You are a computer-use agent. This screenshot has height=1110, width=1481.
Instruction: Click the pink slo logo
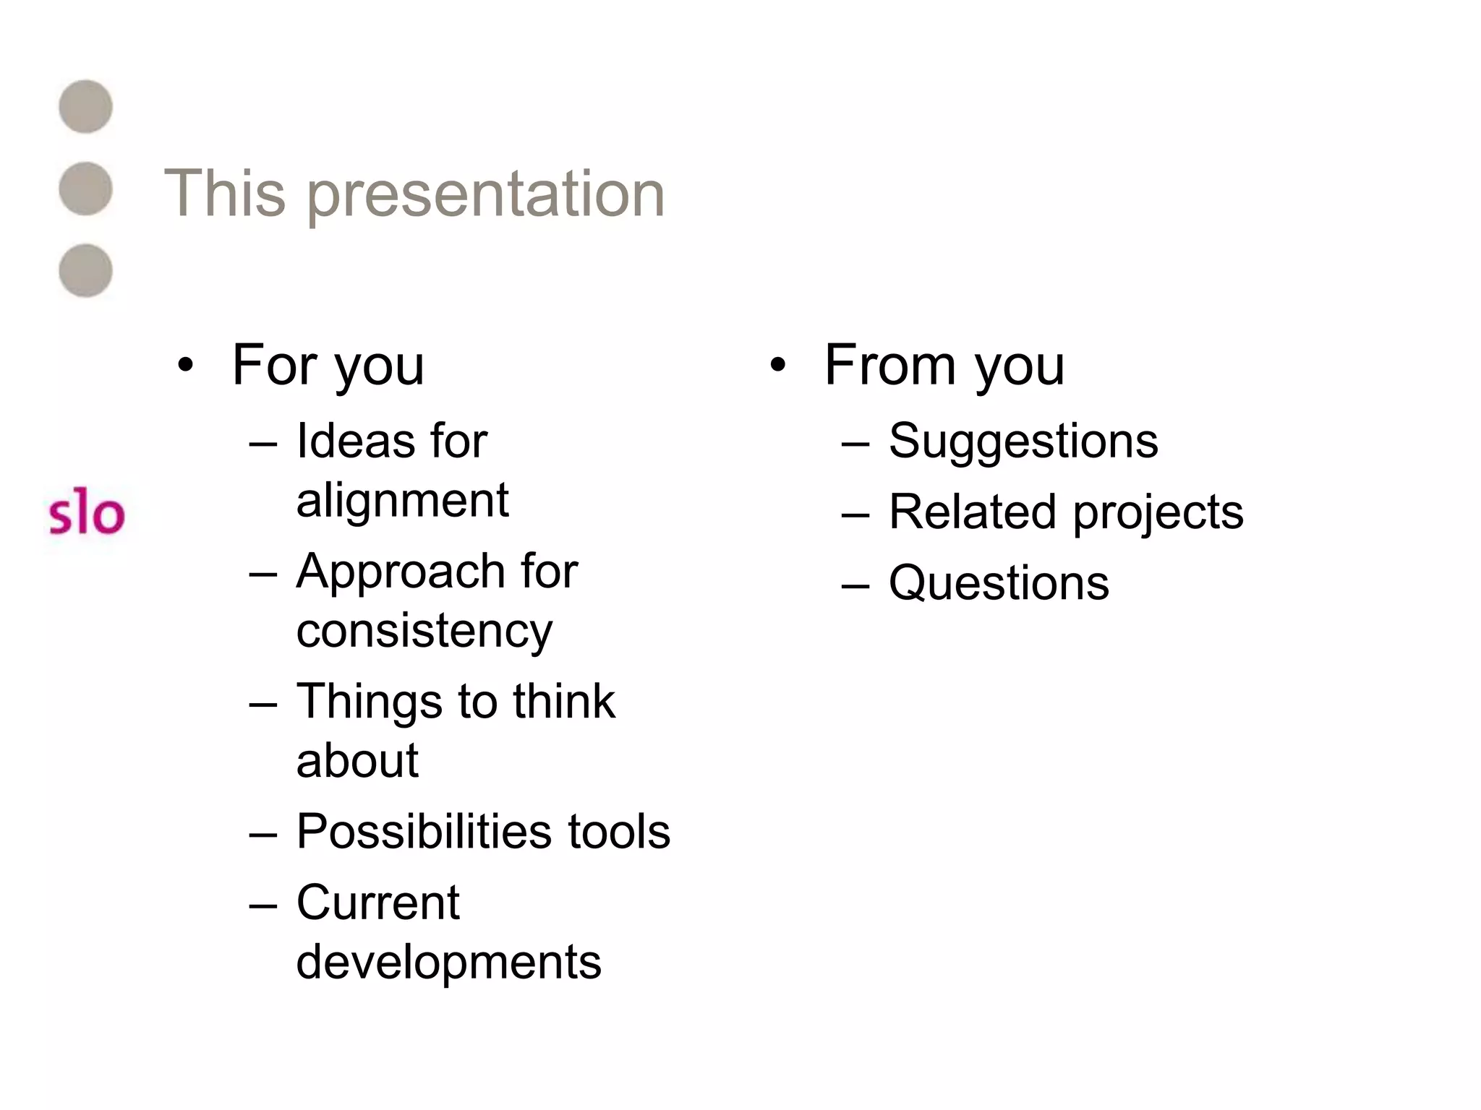pyautogui.click(x=86, y=515)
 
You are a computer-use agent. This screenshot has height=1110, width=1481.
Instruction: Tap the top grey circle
pyautogui.click(x=85, y=107)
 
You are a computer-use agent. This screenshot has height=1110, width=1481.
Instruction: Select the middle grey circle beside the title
pyautogui.click(x=85, y=189)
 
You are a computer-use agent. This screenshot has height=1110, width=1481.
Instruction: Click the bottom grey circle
pyautogui.click(x=85, y=270)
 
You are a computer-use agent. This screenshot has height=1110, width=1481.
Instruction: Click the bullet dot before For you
pyautogui.click(x=186, y=366)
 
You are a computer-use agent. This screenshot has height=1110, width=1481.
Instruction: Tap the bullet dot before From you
pyautogui.click(x=777, y=366)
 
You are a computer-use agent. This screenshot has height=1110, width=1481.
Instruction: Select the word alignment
pyautogui.click(x=402, y=500)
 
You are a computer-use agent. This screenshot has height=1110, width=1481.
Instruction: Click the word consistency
pyautogui.click(x=424, y=631)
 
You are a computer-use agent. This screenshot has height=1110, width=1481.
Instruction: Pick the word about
pyautogui.click(x=357, y=760)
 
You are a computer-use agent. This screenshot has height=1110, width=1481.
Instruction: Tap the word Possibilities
pyautogui.click(x=423, y=831)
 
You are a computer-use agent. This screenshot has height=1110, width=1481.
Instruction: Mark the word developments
pyautogui.click(x=448, y=962)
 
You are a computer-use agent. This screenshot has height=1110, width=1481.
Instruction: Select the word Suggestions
pyautogui.click(x=1023, y=441)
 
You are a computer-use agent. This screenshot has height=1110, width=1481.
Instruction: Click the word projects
pyautogui.click(x=1158, y=513)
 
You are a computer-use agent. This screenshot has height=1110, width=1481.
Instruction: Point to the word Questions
pyautogui.click(x=999, y=582)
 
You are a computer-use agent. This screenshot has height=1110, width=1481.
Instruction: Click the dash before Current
pyautogui.click(x=263, y=905)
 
